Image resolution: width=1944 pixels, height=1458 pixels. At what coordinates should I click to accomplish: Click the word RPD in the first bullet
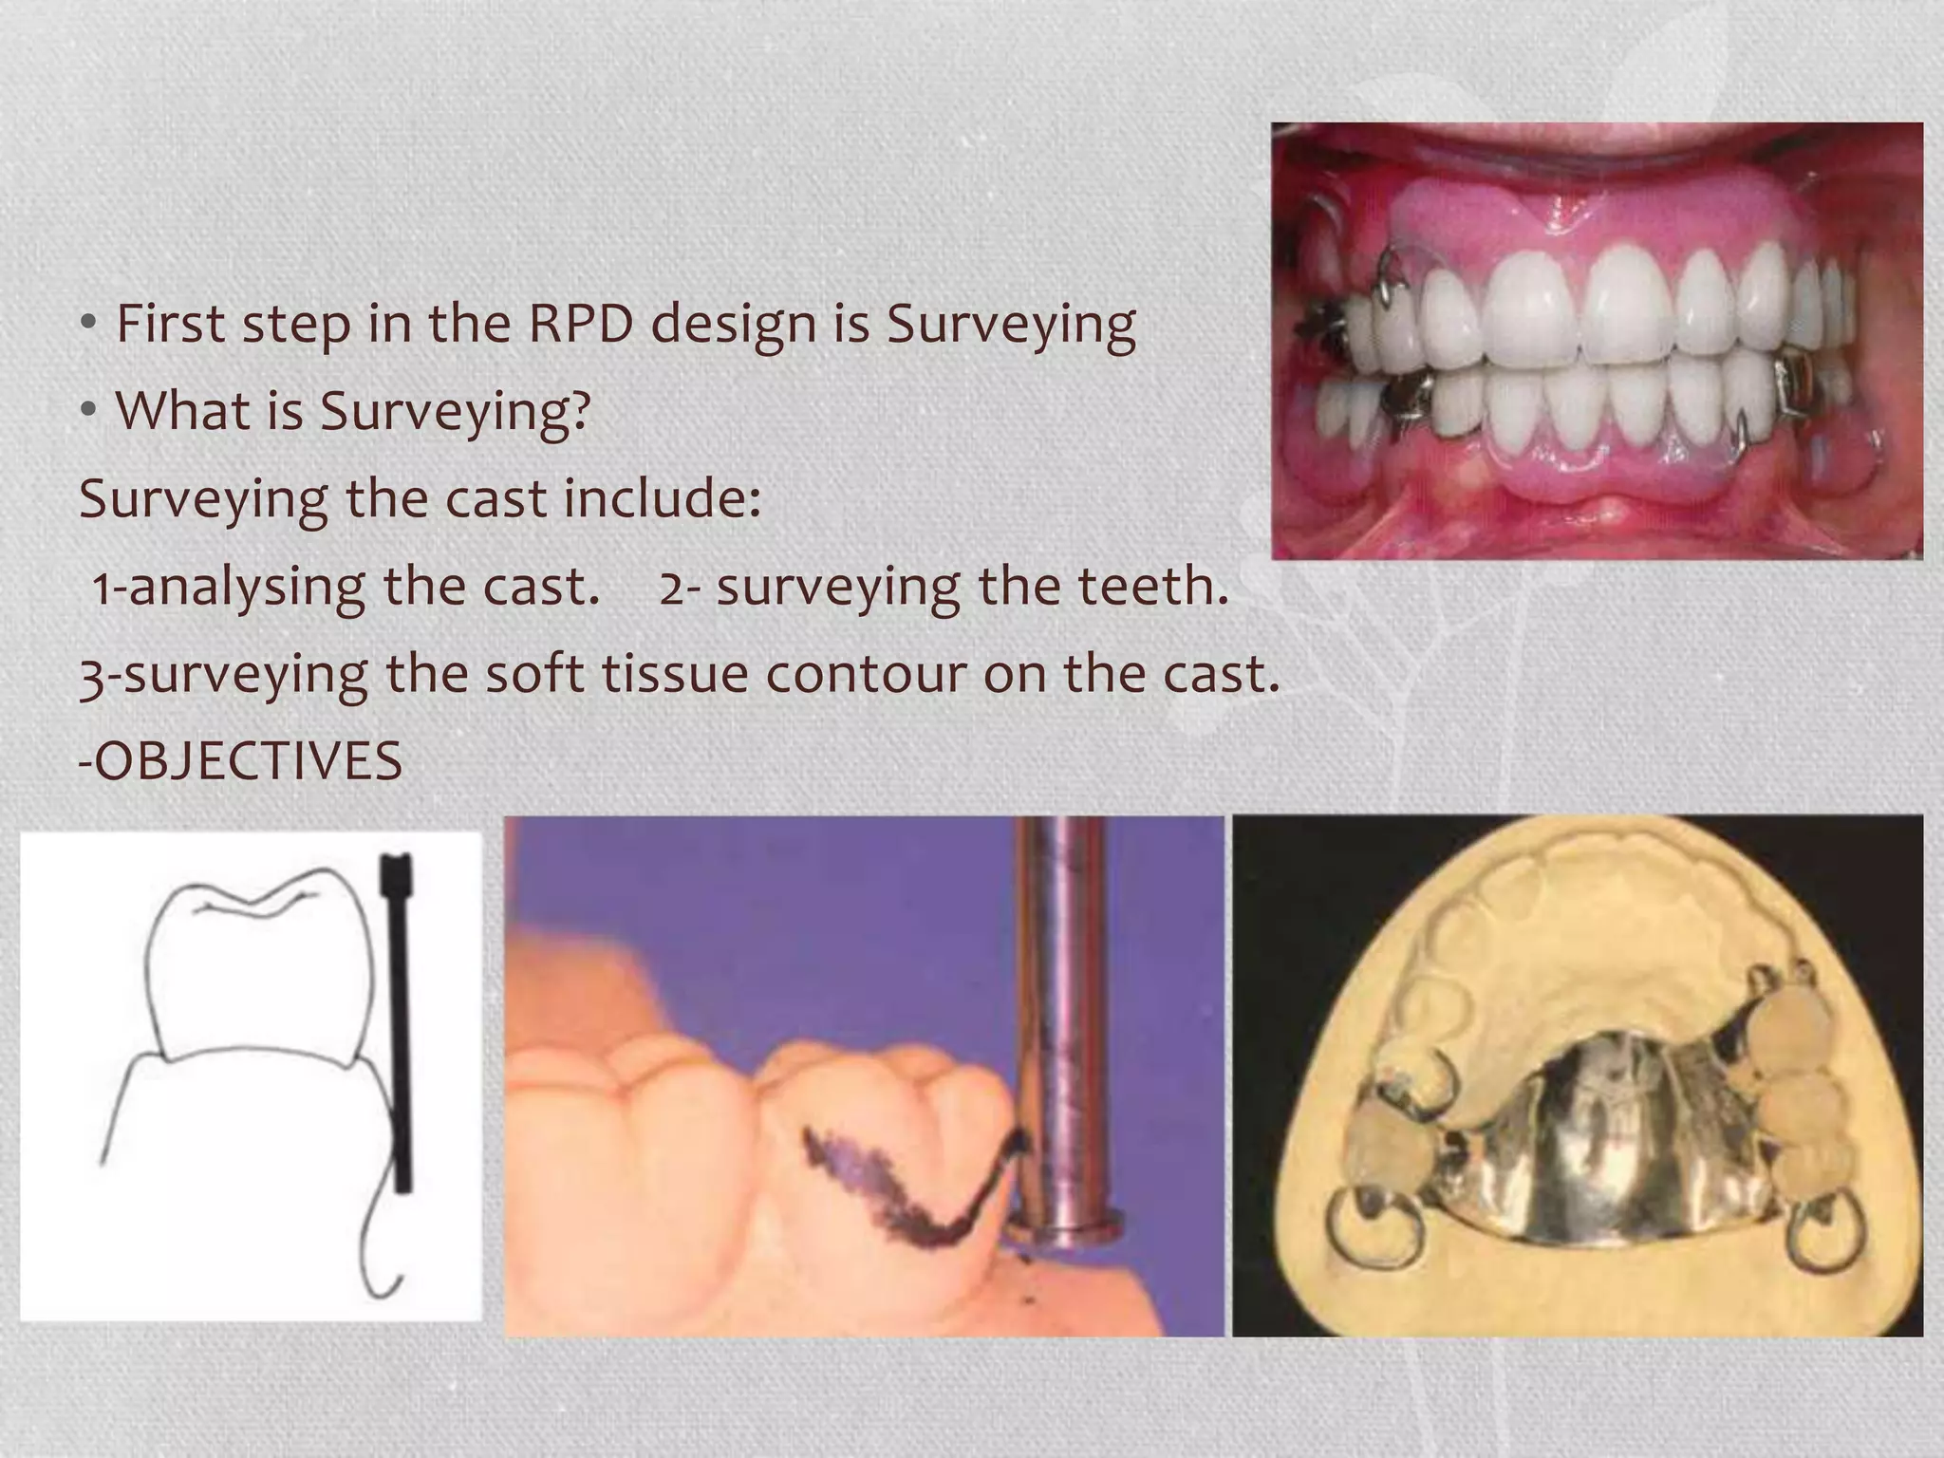pyautogui.click(x=579, y=324)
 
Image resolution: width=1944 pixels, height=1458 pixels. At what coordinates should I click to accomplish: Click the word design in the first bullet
pyautogui.click(x=732, y=324)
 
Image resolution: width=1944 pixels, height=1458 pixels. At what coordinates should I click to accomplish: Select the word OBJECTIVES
pyautogui.click(x=249, y=762)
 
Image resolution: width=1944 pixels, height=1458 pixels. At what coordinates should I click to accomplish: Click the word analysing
pyautogui.click(x=246, y=588)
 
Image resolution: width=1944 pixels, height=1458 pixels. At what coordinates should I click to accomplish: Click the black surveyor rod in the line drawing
pyautogui.click(x=399, y=1025)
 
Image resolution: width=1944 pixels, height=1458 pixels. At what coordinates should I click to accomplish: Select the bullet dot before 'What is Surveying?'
pyautogui.click(x=88, y=412)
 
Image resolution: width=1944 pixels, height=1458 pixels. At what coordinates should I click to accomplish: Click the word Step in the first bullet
pyautogui.click(x=295, y=326)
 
